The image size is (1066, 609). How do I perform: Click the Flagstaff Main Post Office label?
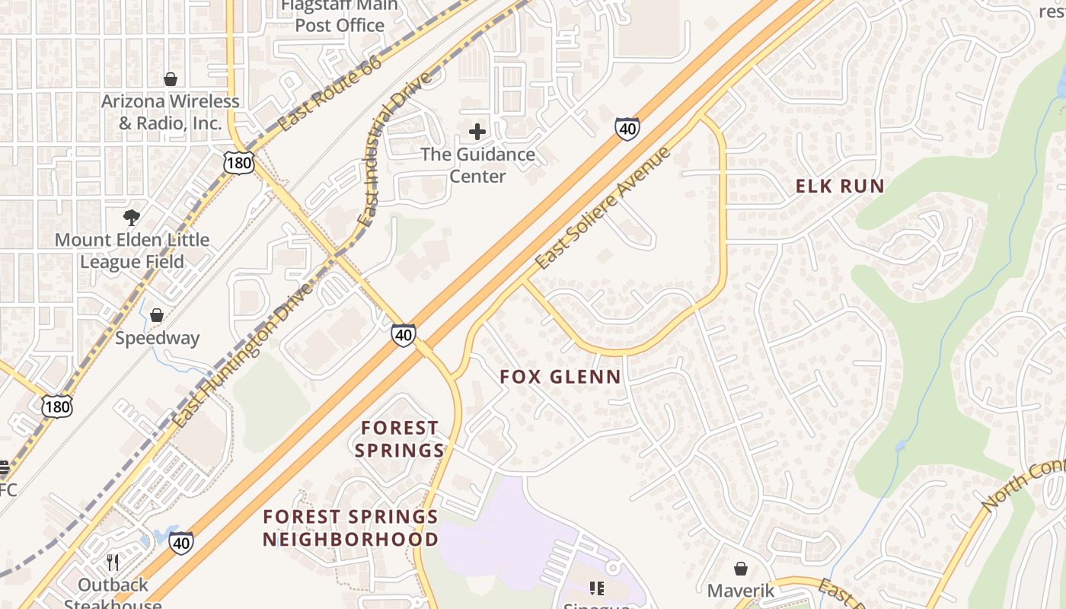(340, 16)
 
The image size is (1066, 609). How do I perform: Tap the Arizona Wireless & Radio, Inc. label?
(171, 112)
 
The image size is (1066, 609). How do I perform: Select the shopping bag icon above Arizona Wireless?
(171, 79)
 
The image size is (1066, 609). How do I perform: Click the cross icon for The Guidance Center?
(477, 132)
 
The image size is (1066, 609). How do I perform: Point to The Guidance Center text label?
(477, 165)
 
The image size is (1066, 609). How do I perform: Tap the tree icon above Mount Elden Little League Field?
(132, 218)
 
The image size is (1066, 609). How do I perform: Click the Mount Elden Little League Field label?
(132, 250)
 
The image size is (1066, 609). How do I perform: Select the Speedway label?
(157, 338)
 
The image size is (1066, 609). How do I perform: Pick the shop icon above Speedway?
(157, 315)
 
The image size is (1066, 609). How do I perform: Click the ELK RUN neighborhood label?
(840, 187)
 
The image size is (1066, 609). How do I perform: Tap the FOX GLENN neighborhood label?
(560, 377)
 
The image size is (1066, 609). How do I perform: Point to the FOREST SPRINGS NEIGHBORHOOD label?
(350, 528)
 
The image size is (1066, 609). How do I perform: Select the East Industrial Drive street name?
(395, 149)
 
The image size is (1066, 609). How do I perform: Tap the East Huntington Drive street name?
(241, 356)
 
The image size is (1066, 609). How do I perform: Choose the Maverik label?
(740, 591)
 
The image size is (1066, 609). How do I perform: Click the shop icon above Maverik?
(740, 569)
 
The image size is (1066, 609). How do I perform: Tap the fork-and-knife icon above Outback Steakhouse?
(113, 563)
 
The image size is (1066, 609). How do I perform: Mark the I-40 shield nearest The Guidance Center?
(627, 129)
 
